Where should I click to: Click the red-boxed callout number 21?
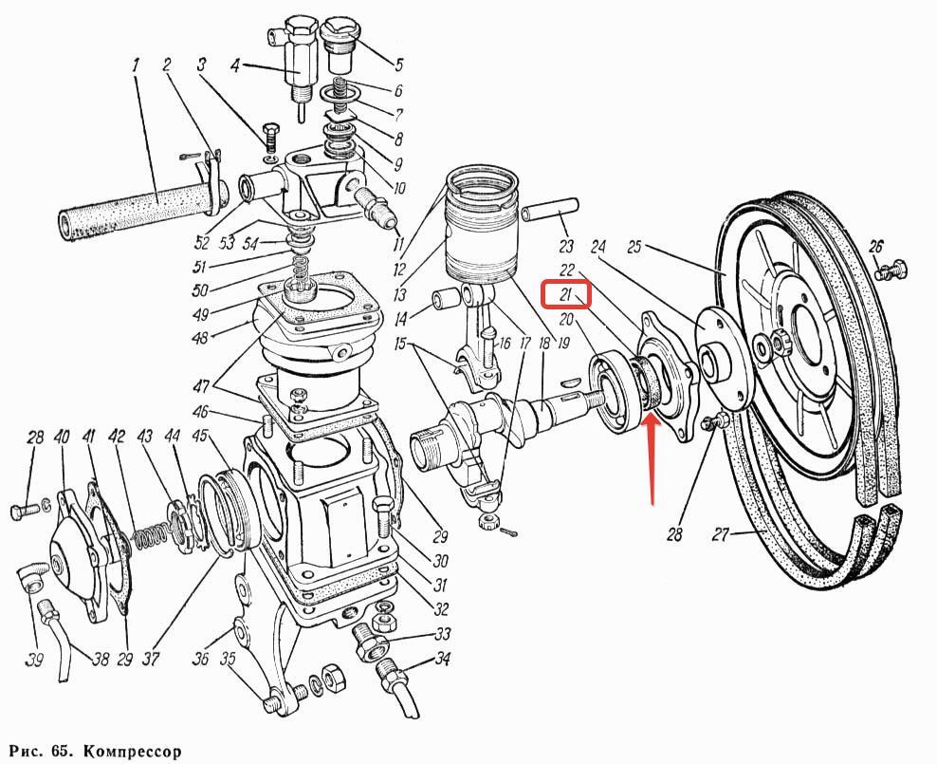[x=565, y=294]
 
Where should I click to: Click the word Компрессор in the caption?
[x=133, y=751]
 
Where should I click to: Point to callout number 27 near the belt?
[x=721, y=535]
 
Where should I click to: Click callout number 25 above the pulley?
[x=634, y=248]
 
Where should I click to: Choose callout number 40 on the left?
[x=62, y=438]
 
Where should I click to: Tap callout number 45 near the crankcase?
[x=199, y=438]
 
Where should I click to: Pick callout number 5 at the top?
[x=397, y=65]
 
